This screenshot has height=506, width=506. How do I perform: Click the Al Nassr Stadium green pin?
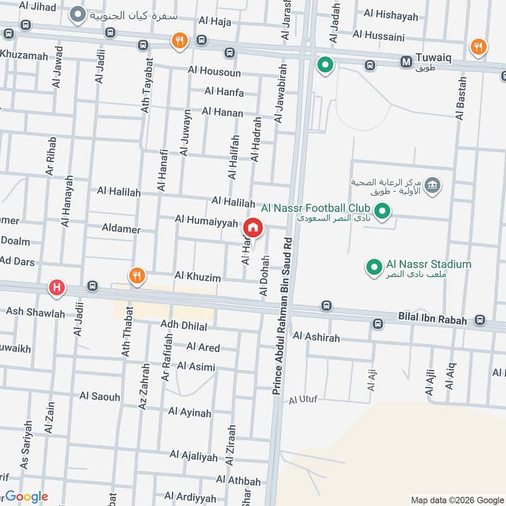pos(373,267)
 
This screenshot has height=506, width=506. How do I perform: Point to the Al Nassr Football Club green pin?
pos(381,211)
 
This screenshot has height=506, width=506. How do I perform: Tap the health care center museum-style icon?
pos(433,185)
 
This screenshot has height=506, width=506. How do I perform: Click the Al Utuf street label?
pos(303,400)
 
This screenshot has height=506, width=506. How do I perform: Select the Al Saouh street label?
pos(99,397)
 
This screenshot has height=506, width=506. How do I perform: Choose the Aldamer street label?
pos(120,229)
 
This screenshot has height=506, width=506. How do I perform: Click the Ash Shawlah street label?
pos(35,312)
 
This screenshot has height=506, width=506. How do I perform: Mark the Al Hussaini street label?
pos(378,35)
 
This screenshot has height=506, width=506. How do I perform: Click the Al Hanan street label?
pos(222,112)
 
